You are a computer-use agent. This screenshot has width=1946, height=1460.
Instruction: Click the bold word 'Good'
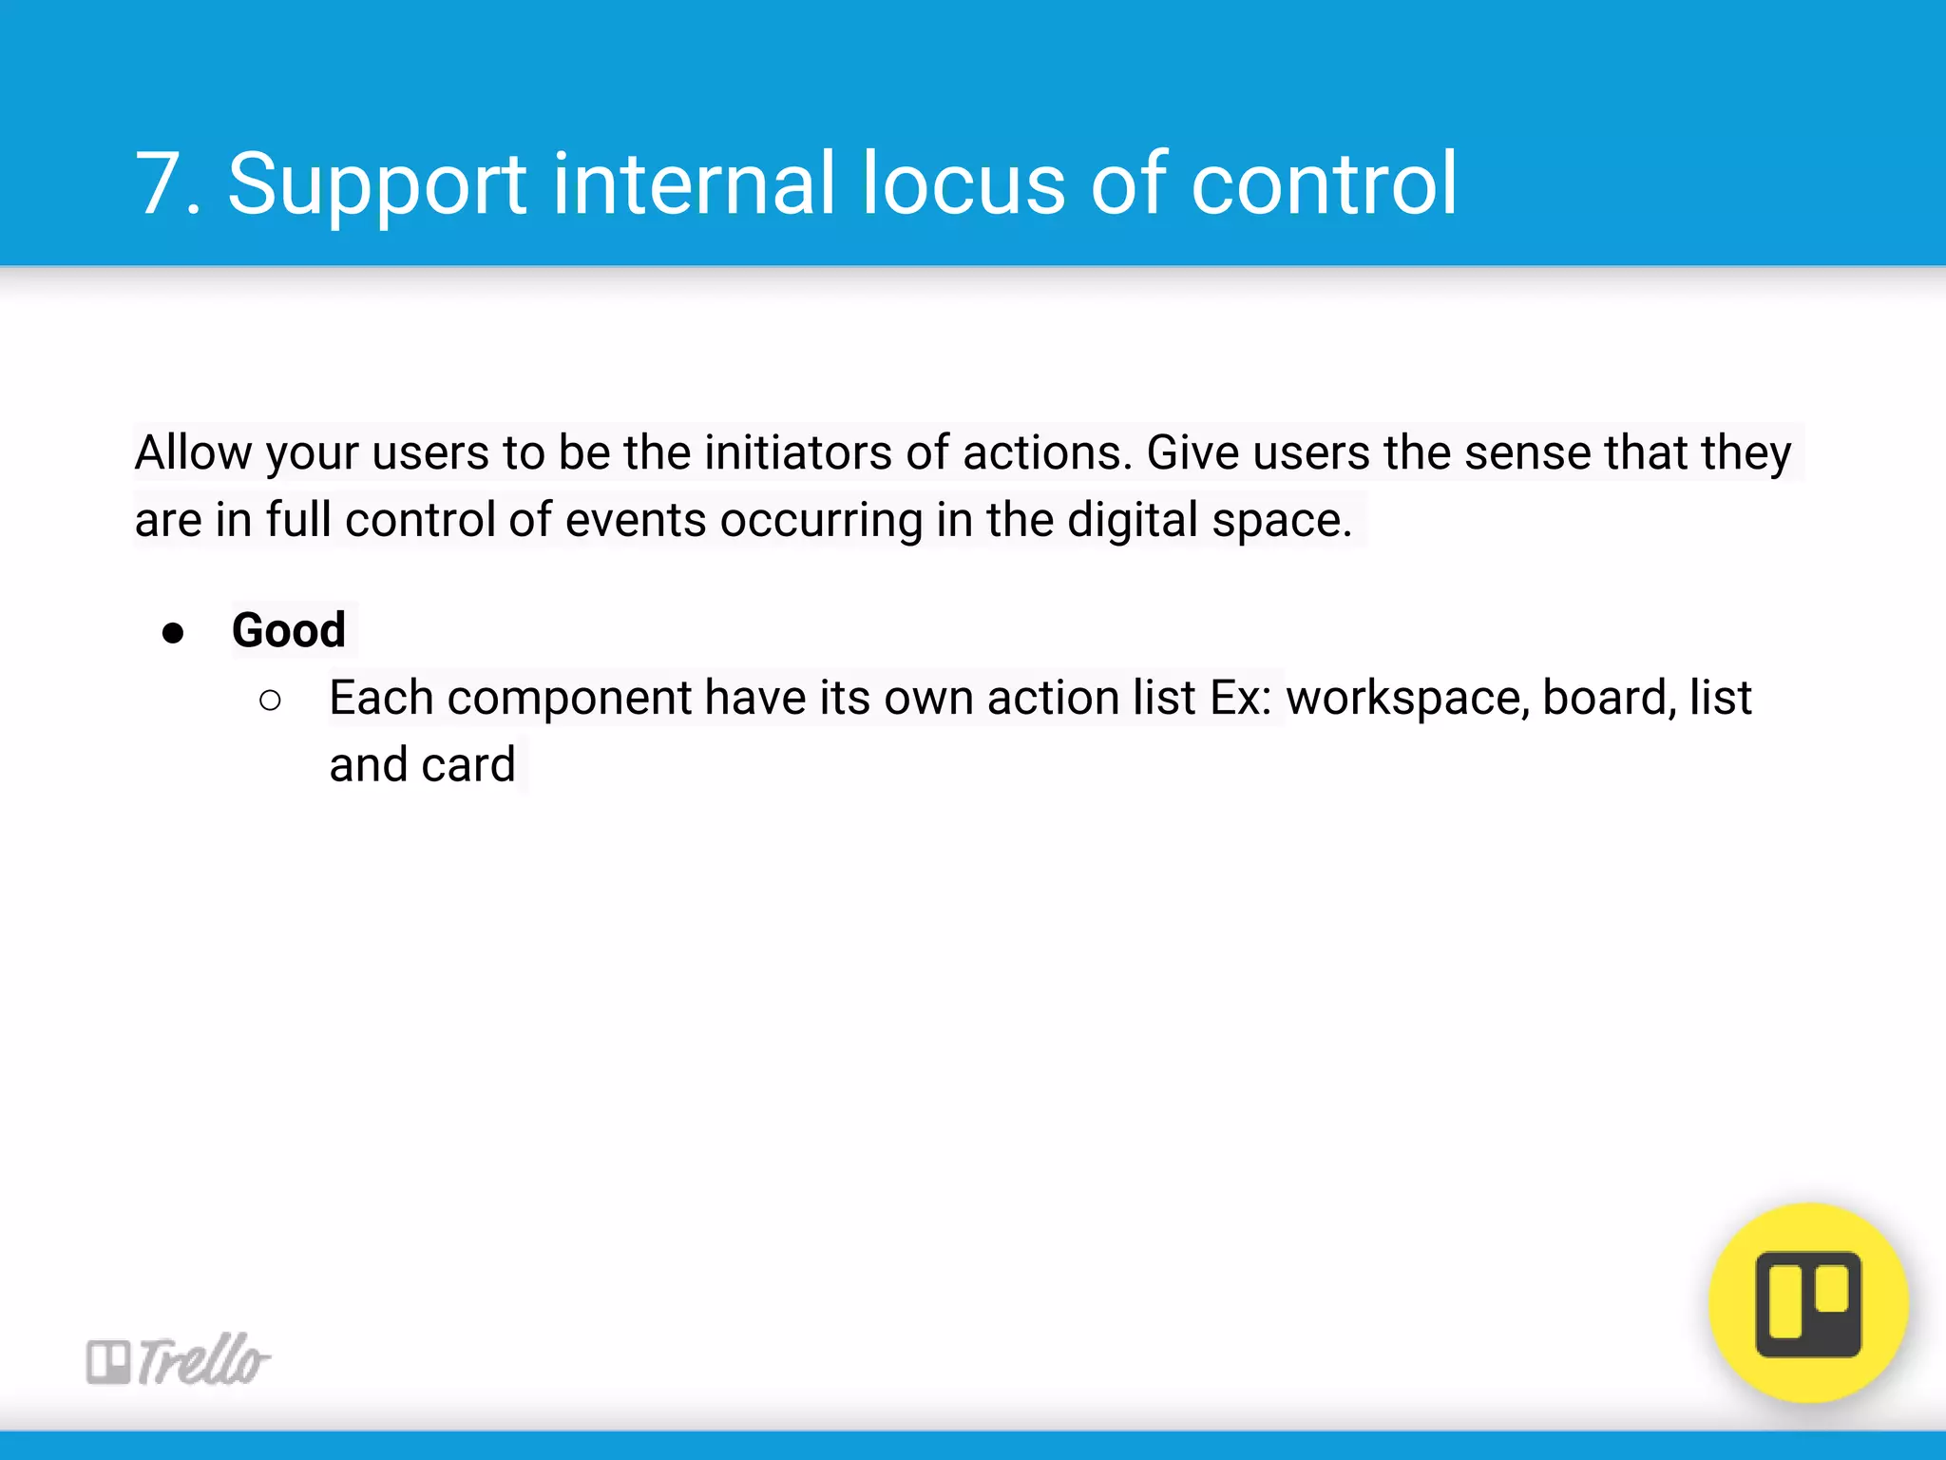tap(289, 630)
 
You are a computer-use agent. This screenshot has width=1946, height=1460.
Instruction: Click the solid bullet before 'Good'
tap(173, 633)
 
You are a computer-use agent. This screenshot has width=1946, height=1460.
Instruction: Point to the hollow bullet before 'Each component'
tap(270, 701)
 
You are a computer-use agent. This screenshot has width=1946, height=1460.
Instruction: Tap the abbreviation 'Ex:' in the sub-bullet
tap(1241, 698)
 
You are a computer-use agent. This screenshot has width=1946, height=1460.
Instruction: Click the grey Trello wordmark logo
tap(179, 1359)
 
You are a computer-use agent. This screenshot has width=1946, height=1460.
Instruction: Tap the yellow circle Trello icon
tap(1808, 1303)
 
